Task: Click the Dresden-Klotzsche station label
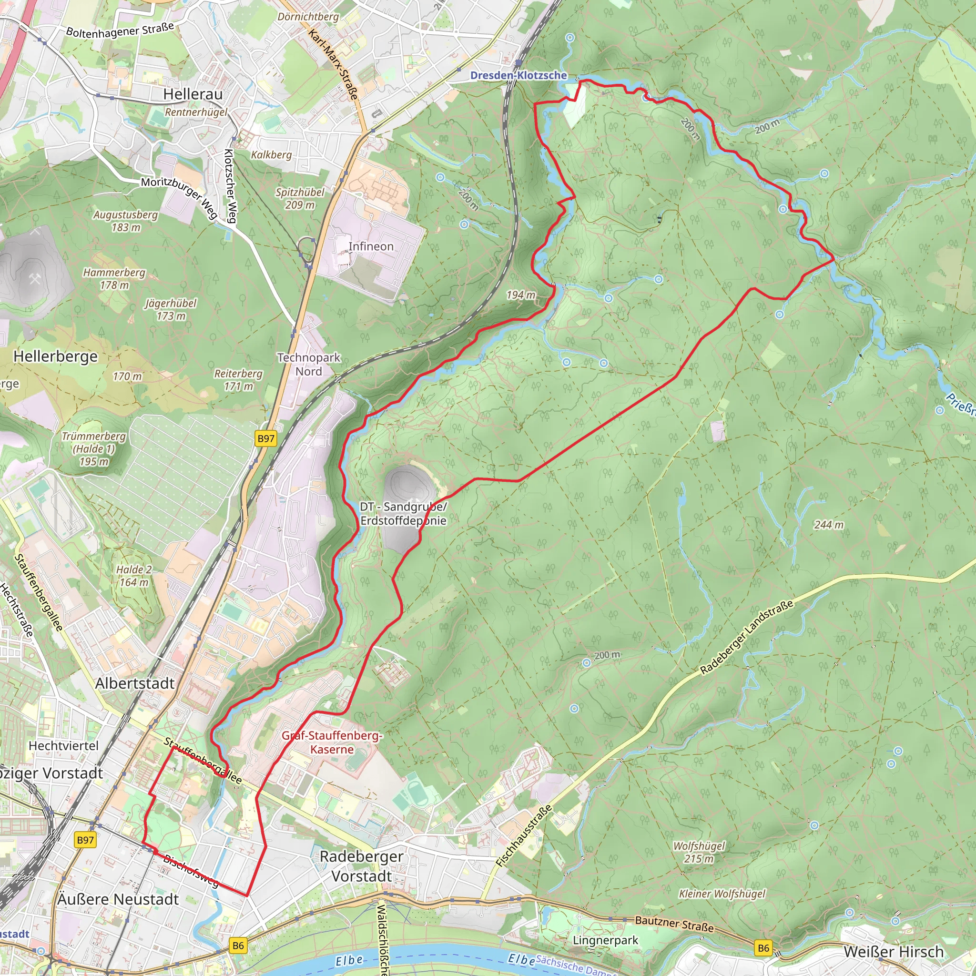point(518,75)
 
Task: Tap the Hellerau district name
point(193,94)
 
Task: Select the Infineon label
point(371,246)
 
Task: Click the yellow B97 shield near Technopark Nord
point(266,438)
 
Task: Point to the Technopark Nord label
point(309,364)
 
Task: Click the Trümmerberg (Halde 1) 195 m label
point(93,448)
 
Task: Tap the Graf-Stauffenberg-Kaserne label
point(332,742)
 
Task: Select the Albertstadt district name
point(135,683)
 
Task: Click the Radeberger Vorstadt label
point(362,866)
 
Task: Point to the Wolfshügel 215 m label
point(699,852)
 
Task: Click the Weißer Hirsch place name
point(893,952)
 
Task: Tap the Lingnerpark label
point(605,940)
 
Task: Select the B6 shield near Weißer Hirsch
point(763,948)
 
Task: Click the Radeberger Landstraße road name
point(747,637)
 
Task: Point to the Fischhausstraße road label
point(524,836)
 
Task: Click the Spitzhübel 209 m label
point(300,199)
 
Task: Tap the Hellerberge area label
point(56,356)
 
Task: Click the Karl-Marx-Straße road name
point(334,64)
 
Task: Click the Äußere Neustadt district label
point(118,899)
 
